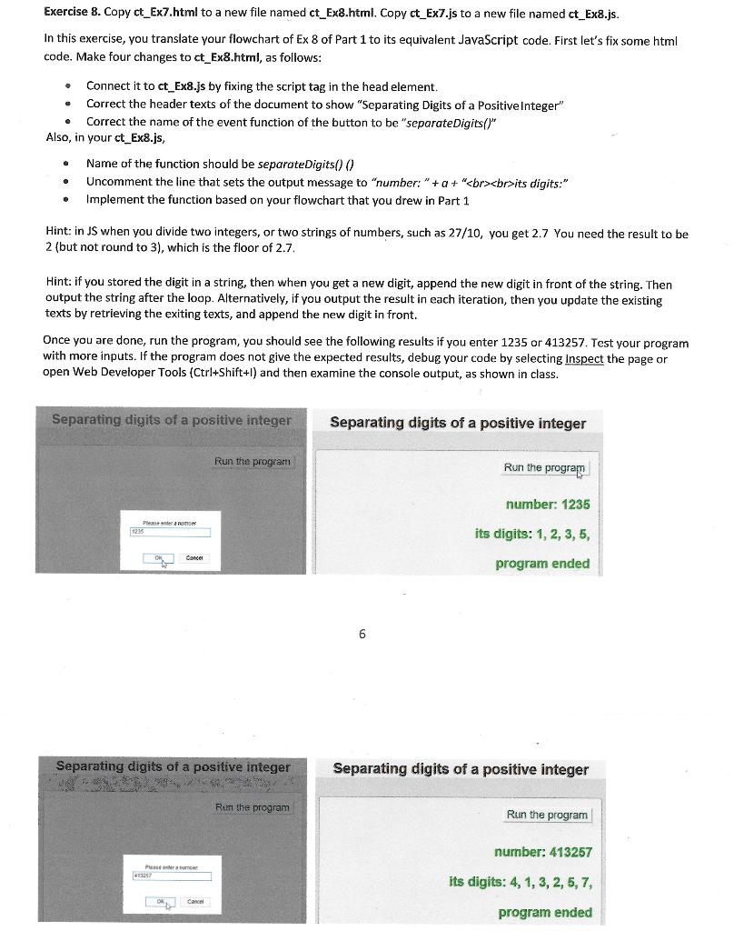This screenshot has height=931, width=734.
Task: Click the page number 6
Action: click(x=362, y=634)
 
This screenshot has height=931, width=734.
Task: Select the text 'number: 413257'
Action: click(x=542, y=852)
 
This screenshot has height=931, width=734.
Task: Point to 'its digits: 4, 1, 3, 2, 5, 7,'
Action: click(x=521, y=882)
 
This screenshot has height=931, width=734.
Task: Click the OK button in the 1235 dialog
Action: click(x=164, y=559)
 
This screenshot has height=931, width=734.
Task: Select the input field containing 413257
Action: click(x=172, y=876)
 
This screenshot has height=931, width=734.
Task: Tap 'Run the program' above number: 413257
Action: click(x=547, y=815)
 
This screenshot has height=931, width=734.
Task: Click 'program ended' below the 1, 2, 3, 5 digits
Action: click(x=542, y=564)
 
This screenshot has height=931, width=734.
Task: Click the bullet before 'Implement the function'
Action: click(x=66, y=200)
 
